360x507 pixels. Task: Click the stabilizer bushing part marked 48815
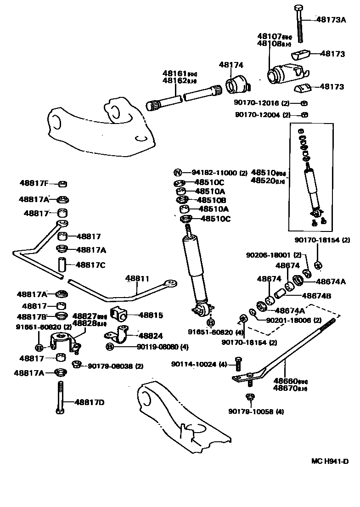coord(120,314)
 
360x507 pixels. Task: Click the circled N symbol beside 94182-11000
coord(178,173)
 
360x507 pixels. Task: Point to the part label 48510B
coord(212,200)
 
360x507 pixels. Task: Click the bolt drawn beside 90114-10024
coord(238,364)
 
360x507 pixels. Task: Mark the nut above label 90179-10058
coord(250,396)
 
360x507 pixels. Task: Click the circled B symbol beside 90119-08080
coord(110,347)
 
